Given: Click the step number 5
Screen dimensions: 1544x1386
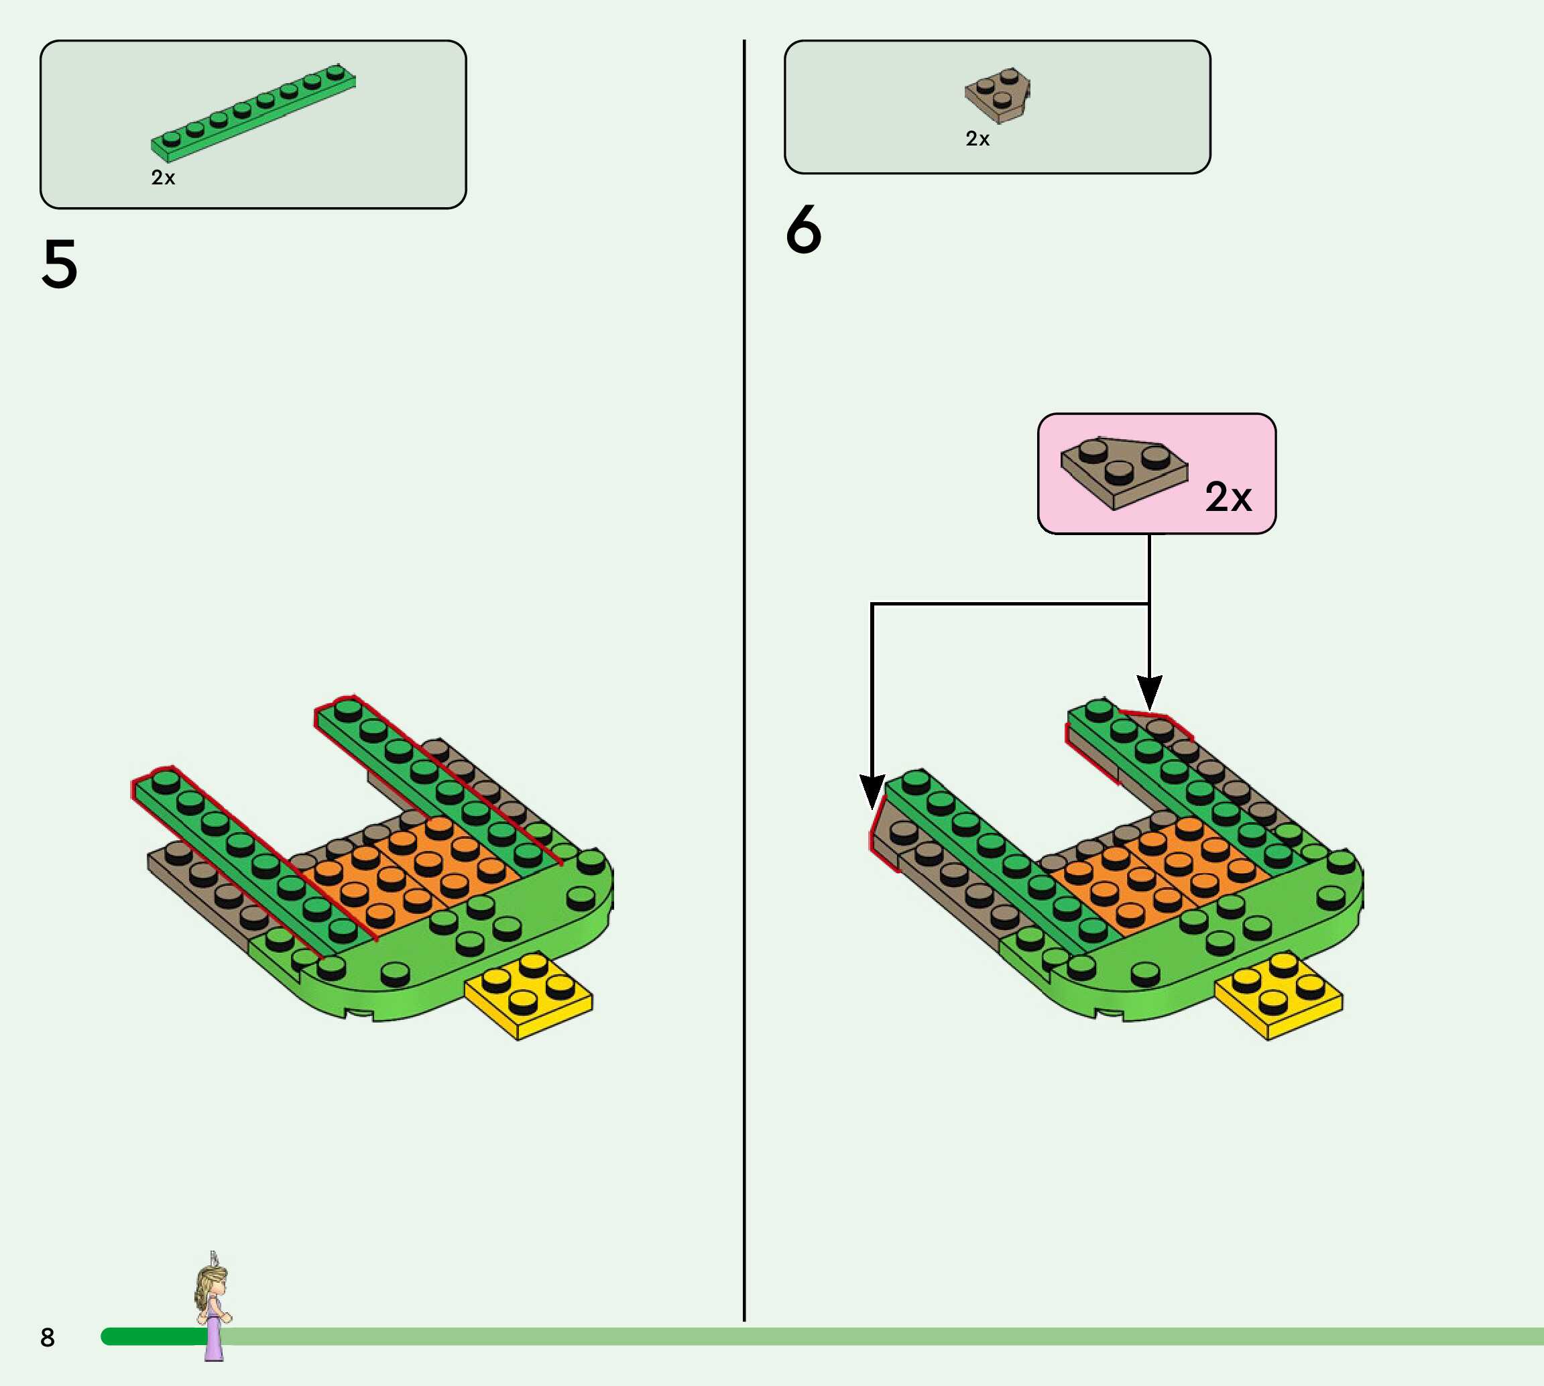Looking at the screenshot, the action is [x=60, y=264].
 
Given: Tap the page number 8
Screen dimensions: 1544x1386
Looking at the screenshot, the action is [x=47, y=1337].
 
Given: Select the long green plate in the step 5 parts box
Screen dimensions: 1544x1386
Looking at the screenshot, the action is [x=253, y=113].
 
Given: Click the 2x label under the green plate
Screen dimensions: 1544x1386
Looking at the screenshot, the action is [x=163, y=178].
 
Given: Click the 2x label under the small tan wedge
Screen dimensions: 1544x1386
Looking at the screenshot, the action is [x=977, y=139].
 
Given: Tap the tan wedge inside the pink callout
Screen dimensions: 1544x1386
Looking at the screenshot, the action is [x=1122, y=472].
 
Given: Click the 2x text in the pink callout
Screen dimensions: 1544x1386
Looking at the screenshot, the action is [x=1228, y=498].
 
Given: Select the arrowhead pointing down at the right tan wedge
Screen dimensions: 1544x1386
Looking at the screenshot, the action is [x=1149, y=691].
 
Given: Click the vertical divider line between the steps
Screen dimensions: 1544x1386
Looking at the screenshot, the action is [x=744, y=685].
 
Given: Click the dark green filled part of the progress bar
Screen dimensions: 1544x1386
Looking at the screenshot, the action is [x=152, y=1336].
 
